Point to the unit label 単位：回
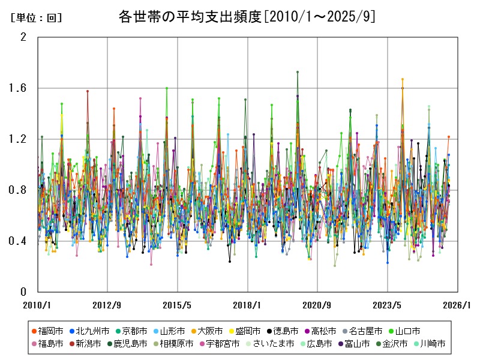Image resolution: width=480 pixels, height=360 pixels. [x=36, y=18]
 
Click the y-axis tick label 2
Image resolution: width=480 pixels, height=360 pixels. [x=23, y=37]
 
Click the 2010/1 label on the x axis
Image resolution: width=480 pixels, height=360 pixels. [x=37, y=305]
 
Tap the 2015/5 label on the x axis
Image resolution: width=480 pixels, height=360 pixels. [x=178, y=305]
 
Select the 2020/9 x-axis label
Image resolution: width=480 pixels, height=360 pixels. [x=317, y=305]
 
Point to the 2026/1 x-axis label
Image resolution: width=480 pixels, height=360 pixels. [x=458, y=305]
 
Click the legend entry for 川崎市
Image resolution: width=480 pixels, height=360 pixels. [x=428, y=344]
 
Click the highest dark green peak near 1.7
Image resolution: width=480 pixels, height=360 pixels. [x=298, y=72]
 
